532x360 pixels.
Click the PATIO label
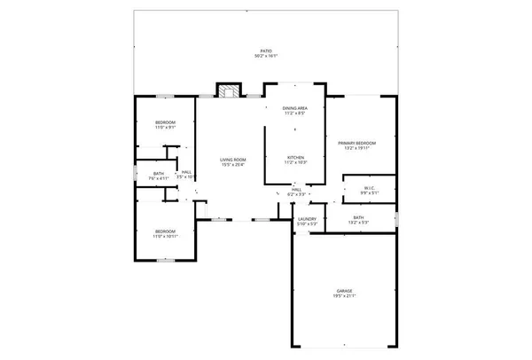[267, 51]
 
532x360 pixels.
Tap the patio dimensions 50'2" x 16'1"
[267, 57]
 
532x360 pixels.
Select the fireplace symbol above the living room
[230, 90]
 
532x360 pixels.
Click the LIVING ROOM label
[232, 159]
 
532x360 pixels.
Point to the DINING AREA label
[295, 108]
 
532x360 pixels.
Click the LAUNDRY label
[308, 218]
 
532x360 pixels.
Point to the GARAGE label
[344, 291]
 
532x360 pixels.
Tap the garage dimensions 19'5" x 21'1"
[344, 297]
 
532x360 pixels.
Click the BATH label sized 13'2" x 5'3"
[358, 217]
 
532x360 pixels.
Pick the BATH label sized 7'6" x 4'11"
[159, 173]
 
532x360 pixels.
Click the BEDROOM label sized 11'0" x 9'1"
[166, 121]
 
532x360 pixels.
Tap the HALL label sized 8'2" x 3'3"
[297, 189]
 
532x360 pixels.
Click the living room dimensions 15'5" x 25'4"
[232, 165]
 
